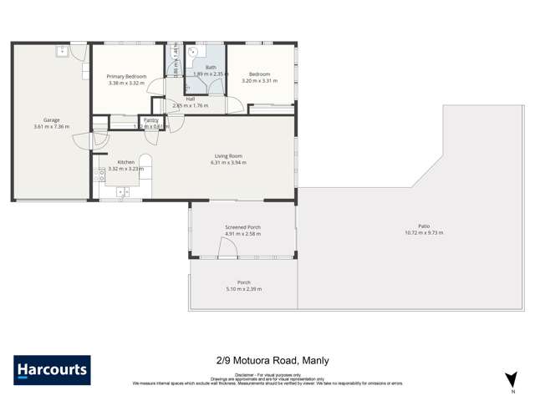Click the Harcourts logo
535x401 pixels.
tap(52, 369)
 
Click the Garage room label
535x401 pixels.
tap(52, 119)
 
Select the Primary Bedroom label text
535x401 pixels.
tap(126, 76)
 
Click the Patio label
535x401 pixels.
tap(424, 226)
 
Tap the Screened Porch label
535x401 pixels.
tap(242, 227)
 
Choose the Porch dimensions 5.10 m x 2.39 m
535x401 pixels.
tap(243, 289)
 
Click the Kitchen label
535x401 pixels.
tap(125, 161)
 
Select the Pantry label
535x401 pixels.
tap(151, 119)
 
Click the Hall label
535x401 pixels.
tap(191, 99)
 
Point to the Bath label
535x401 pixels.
tap(211, 67)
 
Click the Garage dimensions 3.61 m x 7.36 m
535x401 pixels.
tap(52, 127)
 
